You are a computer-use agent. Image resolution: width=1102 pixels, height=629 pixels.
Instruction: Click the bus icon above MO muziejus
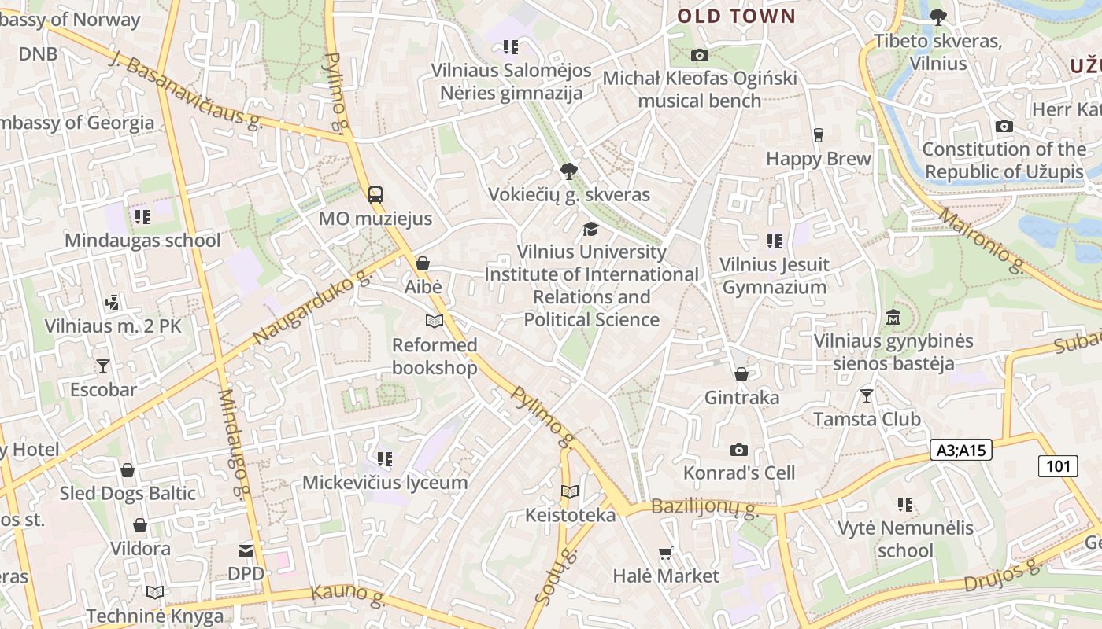[x=375, y=194]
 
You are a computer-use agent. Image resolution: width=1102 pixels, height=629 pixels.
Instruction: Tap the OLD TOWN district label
[x=737, y=16]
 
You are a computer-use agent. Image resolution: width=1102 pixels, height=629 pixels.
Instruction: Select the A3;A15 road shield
[x=961, y=450]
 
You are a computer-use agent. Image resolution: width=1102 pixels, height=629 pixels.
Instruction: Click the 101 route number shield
[x=1058, y=465]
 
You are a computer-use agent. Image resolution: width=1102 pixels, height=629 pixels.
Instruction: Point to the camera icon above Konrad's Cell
[x=738, y=450]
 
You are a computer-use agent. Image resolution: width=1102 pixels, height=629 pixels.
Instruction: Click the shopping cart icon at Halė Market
[x=666, y=554]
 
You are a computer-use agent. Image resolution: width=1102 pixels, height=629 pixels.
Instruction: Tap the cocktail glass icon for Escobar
[x=102, y=366]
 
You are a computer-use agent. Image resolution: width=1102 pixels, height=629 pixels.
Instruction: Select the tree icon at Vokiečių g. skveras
[x=568, y=171]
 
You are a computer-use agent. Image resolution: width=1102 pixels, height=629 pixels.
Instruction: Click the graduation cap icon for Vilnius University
[x=590, y=229]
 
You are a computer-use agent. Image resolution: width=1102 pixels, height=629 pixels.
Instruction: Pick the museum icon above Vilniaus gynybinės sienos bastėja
[x=893, y=318]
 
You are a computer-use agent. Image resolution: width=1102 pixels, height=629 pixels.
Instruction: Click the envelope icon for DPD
[x=246, y=550]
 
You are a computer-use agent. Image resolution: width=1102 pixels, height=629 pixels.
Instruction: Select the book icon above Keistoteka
[x=570, y=492]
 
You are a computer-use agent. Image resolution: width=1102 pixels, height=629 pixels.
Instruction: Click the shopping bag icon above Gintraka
[x=741, y=374]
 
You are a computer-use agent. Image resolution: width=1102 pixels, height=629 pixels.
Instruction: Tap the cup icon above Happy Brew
[x=819, y=135]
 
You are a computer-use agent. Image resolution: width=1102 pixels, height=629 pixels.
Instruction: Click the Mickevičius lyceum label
[x=385, y=482]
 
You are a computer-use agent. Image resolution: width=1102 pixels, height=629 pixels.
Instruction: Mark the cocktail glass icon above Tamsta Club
[x=867, y=395]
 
